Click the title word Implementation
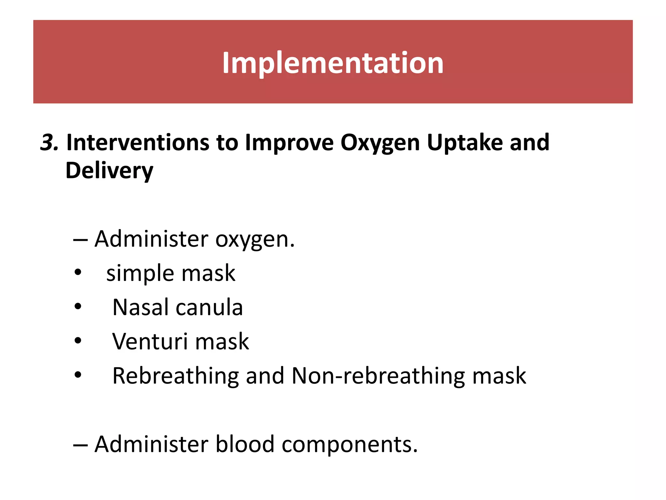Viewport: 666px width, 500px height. coord(333,63)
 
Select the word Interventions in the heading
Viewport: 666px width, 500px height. coord(138,143)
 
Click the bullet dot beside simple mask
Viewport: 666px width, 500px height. coord(78,272)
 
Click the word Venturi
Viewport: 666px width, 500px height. coord(150,341)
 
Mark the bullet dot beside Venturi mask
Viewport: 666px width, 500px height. coord(78,341)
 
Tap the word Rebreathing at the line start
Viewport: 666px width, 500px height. coord(176,376)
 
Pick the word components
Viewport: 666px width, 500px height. coord(349,445)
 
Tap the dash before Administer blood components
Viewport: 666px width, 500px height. coord(80,444)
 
